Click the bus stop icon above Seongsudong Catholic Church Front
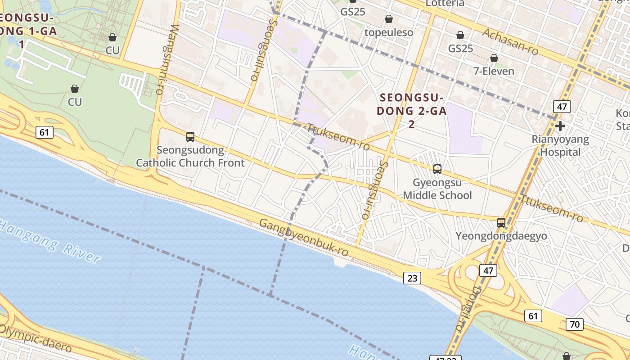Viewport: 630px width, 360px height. [190, 137]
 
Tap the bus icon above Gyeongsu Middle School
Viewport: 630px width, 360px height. [437, 169]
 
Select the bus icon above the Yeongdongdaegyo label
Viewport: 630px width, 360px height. [501, 222]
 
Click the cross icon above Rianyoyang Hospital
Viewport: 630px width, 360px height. [560, 126]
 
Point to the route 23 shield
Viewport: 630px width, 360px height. [412, 278]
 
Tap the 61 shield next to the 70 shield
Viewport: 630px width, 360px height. [533, 316]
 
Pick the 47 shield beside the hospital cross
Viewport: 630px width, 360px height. [562, 107]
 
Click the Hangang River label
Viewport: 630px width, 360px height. [49, 241]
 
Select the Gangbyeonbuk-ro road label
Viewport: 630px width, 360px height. [304, 238]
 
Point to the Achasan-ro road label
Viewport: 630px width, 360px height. [510, 41]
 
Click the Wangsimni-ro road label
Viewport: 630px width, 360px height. [165, 58]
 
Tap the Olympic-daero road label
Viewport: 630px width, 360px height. [35, 337]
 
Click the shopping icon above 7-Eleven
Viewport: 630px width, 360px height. [494, 58]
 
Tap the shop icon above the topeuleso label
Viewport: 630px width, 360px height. [389, 19]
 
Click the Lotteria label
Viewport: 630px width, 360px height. [445, 3]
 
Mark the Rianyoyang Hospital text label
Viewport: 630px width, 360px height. [560, 145]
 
